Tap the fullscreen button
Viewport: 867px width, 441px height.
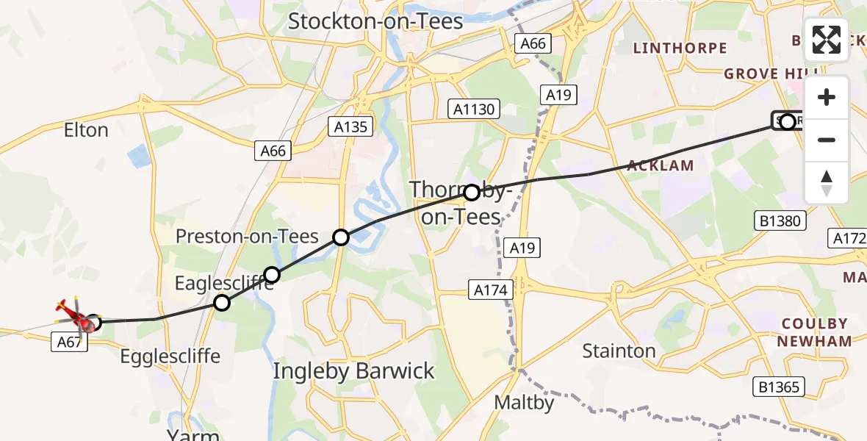(827, 40)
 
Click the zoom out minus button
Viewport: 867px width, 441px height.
(827, 140)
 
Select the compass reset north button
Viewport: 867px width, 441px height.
(827, 183)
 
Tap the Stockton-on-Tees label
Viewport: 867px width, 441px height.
(375, 21)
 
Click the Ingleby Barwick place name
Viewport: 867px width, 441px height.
(353, 371)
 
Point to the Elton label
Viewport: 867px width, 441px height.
(86, 130)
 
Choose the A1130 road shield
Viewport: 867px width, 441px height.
(475, 110)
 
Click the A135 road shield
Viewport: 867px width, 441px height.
(350, 126)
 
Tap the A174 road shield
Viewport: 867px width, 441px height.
(490, 290)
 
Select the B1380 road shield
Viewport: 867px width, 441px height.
(780, 220)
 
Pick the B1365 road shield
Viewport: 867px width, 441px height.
(780, 387)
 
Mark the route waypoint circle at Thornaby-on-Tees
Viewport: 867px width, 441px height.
(472, 193)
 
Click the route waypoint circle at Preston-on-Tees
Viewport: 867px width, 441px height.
(341, 237)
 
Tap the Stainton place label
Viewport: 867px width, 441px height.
(619, 351)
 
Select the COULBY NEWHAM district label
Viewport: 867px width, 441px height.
(815, 332)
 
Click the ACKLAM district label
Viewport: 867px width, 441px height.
(660, 165)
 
